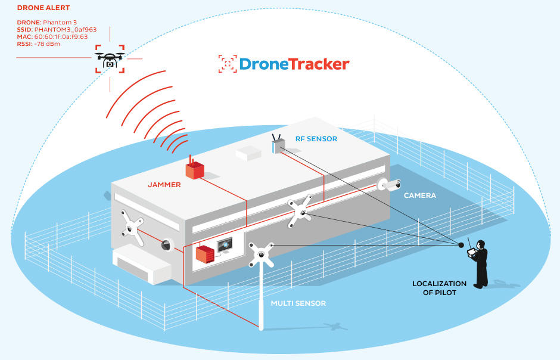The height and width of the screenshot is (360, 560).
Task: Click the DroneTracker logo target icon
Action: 226,64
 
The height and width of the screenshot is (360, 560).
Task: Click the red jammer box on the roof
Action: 195,169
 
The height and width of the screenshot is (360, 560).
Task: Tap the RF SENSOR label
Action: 316,139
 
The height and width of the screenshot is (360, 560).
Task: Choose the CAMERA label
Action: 419,195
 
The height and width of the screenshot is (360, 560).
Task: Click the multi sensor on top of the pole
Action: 261,255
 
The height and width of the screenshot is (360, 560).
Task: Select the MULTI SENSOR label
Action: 298,303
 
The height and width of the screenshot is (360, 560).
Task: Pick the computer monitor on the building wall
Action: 226,246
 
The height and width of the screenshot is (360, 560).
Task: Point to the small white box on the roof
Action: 248,154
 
